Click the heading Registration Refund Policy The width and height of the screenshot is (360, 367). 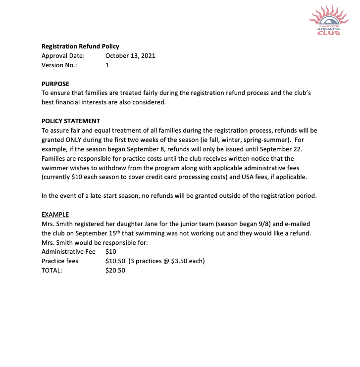click(80, 46)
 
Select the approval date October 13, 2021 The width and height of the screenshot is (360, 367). click(130, 55)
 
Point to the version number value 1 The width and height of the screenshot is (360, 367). click(107, 65)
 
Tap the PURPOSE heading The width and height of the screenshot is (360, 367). click(55, 84)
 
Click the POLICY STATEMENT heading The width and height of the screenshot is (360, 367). click(71, 121)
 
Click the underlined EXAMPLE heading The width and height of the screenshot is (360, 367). click(55, 215)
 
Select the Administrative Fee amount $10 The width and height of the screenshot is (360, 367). click(111, 252)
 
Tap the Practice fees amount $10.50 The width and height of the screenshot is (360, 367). click(115, 261)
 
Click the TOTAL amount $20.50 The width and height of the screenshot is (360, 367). click(115, 271)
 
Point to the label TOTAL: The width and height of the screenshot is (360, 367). click(52, 271)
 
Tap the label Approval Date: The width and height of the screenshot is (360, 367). click(63, 55)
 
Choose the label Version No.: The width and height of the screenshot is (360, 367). click(59, 65)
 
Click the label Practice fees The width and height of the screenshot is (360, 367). click(60, 261)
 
